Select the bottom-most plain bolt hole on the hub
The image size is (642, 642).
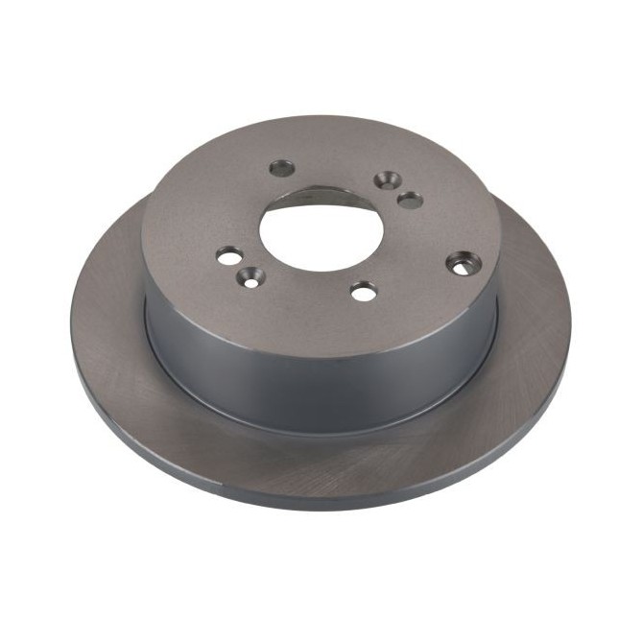click(364, 291)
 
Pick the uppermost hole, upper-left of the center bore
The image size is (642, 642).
click(283, 168)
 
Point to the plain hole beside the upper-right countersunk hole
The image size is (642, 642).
click(410, 200)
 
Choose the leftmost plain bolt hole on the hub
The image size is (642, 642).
click(230, 255)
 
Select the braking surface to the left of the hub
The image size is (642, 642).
click(106, 317)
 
